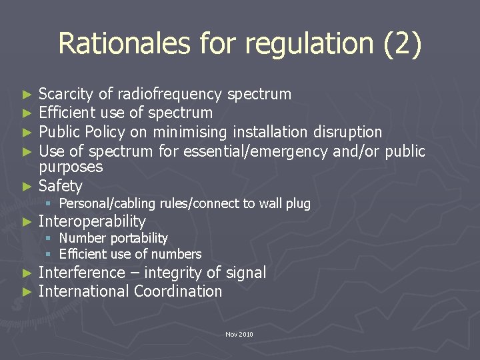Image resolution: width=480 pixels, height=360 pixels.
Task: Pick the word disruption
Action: click(x=347, y=132)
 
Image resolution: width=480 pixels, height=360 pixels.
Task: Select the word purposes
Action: click(x=71, y=167)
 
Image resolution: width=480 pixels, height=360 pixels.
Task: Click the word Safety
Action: click(x=61, y=186)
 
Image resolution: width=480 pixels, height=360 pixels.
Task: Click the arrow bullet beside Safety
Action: click(x=27, y=186)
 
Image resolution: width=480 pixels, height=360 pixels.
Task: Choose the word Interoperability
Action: click(x=92, y=221)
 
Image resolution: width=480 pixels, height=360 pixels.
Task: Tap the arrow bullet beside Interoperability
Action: click(x=27, y=221)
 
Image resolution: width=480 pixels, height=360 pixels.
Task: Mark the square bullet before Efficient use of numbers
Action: click(x=49, y=254)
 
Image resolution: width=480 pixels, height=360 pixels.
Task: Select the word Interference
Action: click(x=81, y=273)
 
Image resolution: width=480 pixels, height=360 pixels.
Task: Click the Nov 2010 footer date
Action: click(x=239, y=334)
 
